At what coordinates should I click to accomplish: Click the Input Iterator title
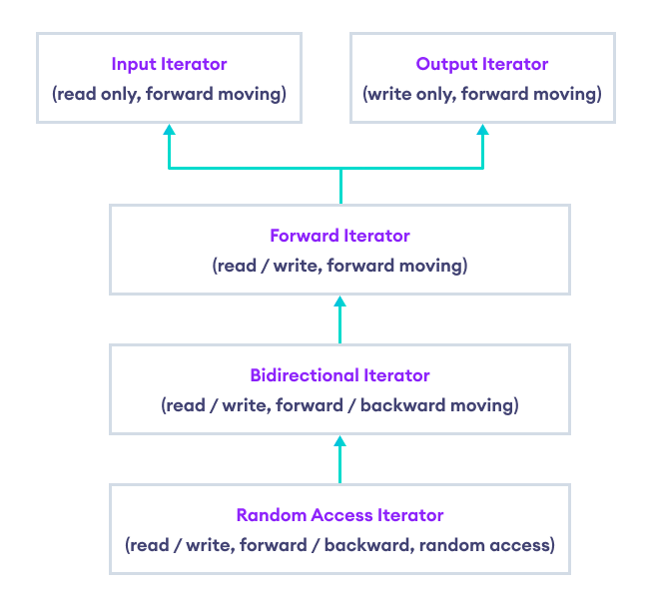(169, 64)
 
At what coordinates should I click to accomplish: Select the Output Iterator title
(482, 64)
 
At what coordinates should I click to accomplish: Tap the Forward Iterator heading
(339, 237)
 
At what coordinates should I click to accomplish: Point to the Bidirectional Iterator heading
(339, 375)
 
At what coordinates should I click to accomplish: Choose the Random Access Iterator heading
(339, 515)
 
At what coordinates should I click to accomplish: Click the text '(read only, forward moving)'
(169, 94)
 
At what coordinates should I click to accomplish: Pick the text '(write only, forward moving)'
(482, 94)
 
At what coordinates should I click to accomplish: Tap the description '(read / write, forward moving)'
(339, 267)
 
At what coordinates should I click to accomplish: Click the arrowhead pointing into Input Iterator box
(169, 130)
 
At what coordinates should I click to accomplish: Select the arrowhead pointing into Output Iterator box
(482, 130)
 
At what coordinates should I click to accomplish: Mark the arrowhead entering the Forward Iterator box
(339, 302)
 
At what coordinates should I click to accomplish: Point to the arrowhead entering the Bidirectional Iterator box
(339, 440)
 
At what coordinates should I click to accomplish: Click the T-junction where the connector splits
(339, 169)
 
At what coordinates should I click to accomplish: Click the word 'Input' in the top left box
(134, 64)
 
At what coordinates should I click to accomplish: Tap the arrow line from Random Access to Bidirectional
(339, 465)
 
